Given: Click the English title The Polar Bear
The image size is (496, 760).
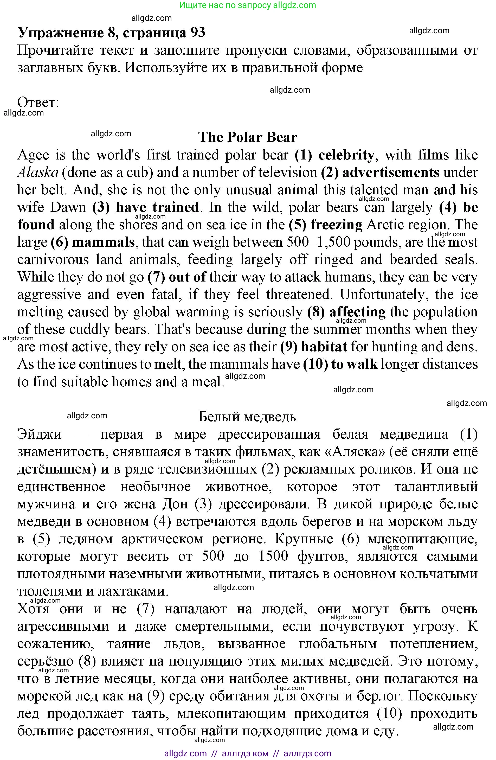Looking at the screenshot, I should coord(247,137).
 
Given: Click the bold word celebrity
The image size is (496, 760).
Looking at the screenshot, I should coord(346,155).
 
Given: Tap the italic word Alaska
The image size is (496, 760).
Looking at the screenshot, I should coord(38,173).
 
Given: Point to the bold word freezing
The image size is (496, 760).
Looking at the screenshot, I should coord(336,225).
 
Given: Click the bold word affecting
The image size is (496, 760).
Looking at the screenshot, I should coord(357,312).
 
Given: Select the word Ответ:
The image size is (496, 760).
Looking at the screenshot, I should coord(38,103).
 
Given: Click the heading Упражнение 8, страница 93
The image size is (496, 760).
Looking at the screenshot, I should coord(111,33).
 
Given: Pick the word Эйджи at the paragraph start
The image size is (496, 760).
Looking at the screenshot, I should coord(39,434).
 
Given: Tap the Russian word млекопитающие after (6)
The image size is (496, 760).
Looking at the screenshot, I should coord(423,539).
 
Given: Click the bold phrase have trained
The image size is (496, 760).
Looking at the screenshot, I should coord(157,208).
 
